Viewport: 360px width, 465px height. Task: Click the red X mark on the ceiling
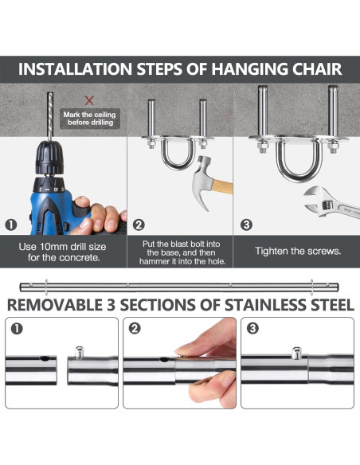[x=89, y=100]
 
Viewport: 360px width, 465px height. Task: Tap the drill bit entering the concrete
[x=50, y=116]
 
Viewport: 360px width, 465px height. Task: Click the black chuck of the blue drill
[x=49, y=158]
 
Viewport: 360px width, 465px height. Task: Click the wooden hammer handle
[x=222, y=187]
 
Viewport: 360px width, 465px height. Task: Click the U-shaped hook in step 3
[x=299, y=162]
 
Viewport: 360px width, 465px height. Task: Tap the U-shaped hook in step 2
[x=178, y=154]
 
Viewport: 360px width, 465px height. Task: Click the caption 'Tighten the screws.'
[x=298, y=251]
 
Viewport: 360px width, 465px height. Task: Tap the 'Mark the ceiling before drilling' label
[x=90, y=119]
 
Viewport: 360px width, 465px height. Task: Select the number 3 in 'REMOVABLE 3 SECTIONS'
[x=111, y=305]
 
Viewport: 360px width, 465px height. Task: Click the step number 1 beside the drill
[x=11, y=225]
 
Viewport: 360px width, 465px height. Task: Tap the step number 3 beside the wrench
[x=246, y=225]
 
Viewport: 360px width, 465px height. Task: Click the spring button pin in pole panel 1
[x=79, y=352]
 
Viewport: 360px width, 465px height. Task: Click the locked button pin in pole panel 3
[x=296, y=353]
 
